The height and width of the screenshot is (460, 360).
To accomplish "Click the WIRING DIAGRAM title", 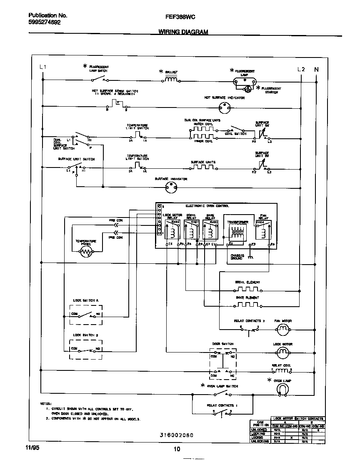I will pyautogui.click(x=183, y=32).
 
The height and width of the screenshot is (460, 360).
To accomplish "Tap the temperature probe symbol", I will pyautogui.click(x=87, y=251).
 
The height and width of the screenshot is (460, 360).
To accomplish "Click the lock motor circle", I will pyautogui.click(x=283, y=352).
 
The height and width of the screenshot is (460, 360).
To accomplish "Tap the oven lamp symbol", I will pyautogui.click(x=282, y=389).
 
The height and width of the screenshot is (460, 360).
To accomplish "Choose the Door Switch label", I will pyautogui.click(x=223, y=344).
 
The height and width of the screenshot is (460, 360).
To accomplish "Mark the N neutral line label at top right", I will pyautogui.click(x=316, y=69).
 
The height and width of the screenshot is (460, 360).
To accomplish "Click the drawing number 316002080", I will pyautogui.click(x=176, y=435).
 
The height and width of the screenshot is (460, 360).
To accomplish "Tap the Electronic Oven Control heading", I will pyautogui.click(x=207, y=206).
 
